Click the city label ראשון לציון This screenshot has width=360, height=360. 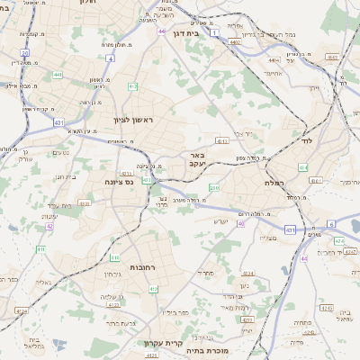(134, 120)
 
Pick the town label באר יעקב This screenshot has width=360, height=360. (199, 159)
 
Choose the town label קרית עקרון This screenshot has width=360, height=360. (162, 343)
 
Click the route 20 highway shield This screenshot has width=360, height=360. (25, 53)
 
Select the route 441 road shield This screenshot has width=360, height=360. (58, 76)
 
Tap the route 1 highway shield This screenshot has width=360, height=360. (214, 32)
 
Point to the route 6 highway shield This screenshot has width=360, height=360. (329, 224)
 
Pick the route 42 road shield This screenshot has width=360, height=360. (49, 226)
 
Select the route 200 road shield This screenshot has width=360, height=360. (213, 187)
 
